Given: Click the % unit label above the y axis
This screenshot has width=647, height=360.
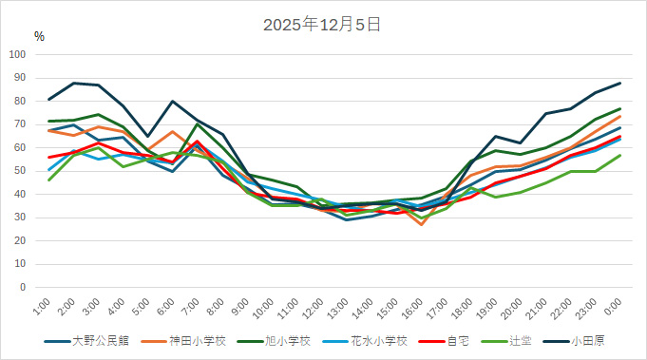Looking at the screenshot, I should pos(39,37).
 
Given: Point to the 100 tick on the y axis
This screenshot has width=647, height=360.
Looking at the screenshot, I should pos(18,54).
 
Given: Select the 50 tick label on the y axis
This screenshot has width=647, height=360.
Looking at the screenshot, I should pos(21,171).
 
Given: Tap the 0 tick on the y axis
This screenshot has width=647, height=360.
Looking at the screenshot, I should pos(24,287).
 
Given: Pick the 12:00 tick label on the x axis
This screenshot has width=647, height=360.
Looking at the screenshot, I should pos(311,309).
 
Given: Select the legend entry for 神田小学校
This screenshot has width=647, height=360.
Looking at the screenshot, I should pos(188,340).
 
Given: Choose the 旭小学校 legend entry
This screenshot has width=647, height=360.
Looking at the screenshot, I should pos(284,340).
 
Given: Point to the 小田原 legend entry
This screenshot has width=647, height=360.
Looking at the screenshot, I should pos(589,340).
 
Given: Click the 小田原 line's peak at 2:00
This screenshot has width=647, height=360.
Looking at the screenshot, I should pos(74,83).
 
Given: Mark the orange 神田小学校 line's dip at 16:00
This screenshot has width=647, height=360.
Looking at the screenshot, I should pos(422,224).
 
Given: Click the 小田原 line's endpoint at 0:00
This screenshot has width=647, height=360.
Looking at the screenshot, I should pos(619,83).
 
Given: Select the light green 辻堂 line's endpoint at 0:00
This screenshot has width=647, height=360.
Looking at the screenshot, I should pos(619,155).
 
